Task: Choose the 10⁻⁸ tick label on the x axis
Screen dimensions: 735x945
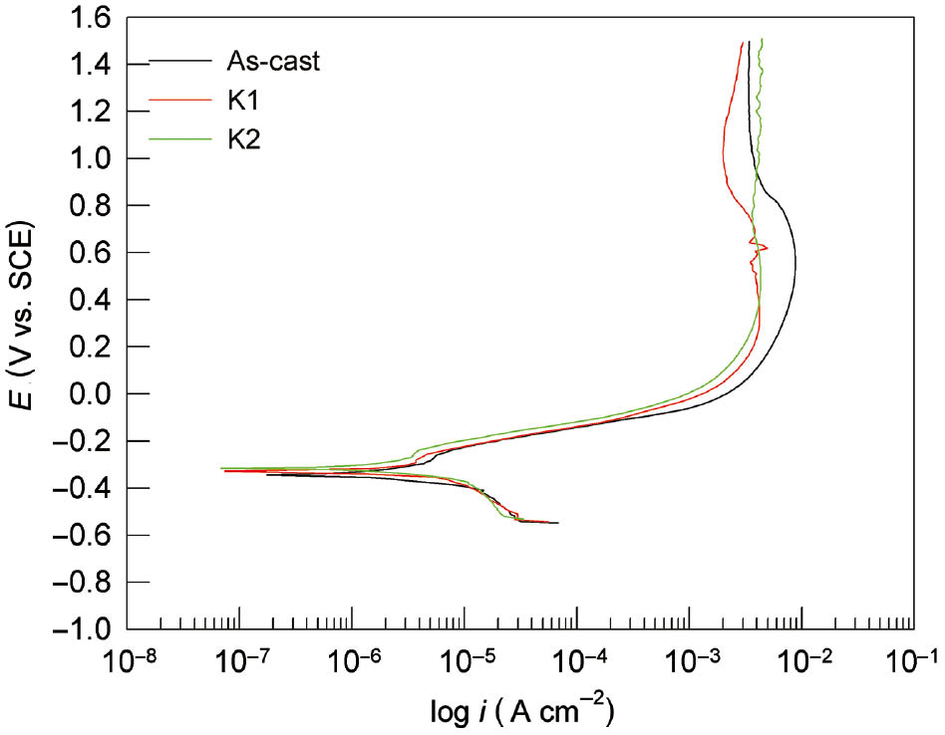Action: [130, 662]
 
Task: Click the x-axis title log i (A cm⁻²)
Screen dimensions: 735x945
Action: [520, 711]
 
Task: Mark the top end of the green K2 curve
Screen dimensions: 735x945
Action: [762, 41]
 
